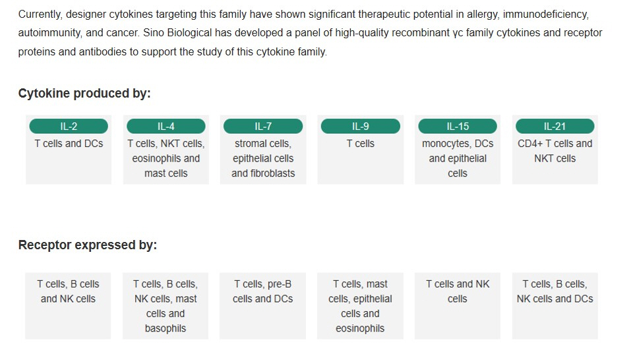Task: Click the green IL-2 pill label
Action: pos(69,127)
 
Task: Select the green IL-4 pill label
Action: pos(166,127)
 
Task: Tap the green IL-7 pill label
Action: pos(263,127)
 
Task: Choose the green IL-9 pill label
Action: pos(361,127)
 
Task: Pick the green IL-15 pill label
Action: pos(458,127)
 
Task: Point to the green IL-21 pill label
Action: pos(555,127)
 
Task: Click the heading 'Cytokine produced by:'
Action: pos(84,93)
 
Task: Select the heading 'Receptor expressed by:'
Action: pos(88,245)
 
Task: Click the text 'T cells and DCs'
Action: pos(69,144)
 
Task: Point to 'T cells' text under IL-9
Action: pos(361,144)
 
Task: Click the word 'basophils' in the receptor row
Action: pos(166,328)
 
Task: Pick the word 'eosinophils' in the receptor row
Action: pos(360,328)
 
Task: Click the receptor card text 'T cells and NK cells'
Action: pos(458,291)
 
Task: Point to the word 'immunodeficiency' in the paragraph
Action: pos(546,15)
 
